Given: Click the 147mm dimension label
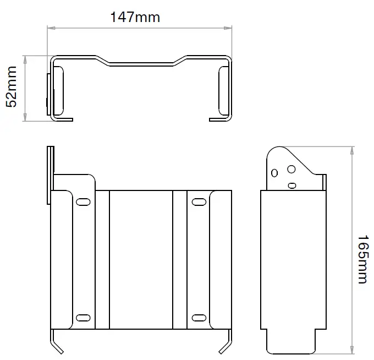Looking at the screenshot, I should [x=135, y=17].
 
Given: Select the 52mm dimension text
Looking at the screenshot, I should [x=12, y=87].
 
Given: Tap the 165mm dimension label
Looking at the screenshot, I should [x=361, y=259].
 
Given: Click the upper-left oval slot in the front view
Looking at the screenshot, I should [x=84, y=202].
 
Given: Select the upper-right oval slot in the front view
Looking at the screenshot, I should [x=198, y=203].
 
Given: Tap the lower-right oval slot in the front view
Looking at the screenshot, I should [x=198, y=318].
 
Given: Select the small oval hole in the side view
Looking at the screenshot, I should [x=292, y=184].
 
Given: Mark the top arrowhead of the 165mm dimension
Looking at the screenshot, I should [x=351, y=149].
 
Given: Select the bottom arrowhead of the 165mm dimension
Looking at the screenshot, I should [x=351, y=350].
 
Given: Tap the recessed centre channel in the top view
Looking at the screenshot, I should [x=141, y=63].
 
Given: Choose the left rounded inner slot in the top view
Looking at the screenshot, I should [x=59, y=91].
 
